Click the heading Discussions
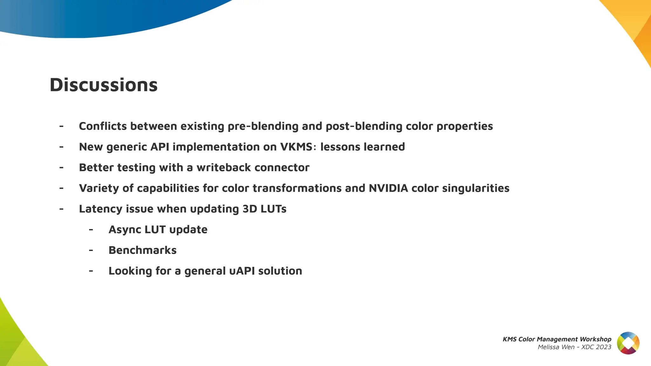coord(104,85)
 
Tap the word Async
coord(125,230)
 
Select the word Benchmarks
coord(142,250)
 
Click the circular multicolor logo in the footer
coord(628,343)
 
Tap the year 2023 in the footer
coord(604,347)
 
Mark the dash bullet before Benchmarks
coord(91,250)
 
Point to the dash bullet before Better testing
coord(61,167)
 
